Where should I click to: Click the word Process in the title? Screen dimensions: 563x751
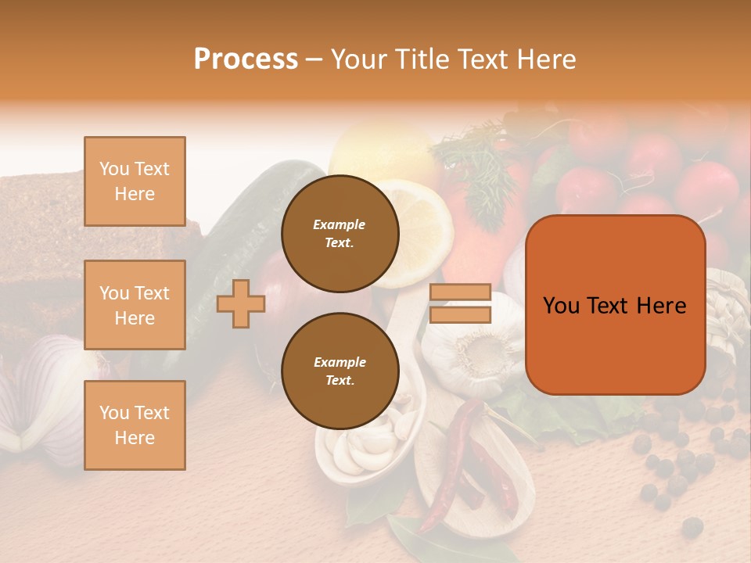(x=246, y=59)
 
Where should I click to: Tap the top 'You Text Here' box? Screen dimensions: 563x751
(x=135, y=181)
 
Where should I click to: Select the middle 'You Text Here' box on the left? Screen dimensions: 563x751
(x=135, y=305)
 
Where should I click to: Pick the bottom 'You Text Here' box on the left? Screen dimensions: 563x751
(x=135, y=425)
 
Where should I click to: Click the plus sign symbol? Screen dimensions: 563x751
(x=241, y=303)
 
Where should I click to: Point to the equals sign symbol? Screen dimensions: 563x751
(x=460, y=303)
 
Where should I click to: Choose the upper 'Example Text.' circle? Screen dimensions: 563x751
(x=340, y=234)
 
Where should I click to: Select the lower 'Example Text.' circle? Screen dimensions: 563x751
(x=340, y=371)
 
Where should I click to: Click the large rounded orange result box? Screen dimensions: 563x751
(x=615, y=305)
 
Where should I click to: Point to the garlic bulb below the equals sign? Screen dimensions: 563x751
(x=473, y=348)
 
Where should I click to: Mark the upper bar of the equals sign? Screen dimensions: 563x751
(x=460, y=292)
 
